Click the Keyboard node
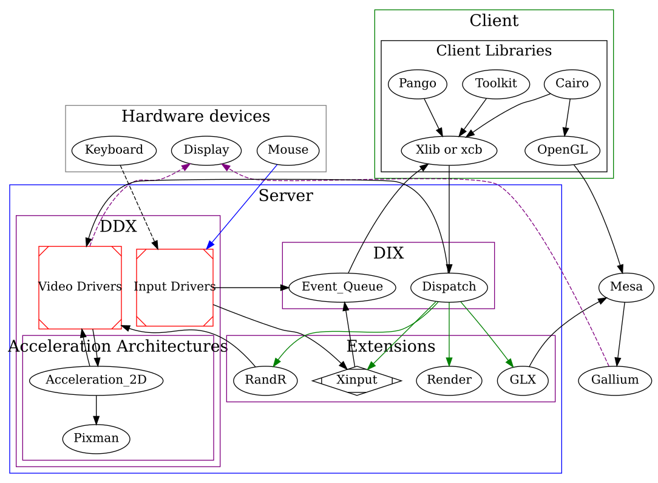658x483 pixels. click(114, 149)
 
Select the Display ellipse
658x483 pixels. click(206, 149)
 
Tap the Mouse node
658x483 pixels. click(288, 149)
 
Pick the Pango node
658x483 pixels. click(418, 84)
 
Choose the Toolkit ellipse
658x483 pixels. click(497, 84)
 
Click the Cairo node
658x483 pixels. click(572, 84)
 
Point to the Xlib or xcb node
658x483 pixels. click(449, 150)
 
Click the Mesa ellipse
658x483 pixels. click(626, 287)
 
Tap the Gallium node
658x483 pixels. click(615, 380)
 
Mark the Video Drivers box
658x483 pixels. click(80, 287)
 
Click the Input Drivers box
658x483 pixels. click(175, 287)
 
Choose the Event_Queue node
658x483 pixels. click(342, 287)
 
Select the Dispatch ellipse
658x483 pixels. click(449, 287)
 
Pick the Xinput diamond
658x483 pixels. click(357, 380)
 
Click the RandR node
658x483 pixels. click(265, 380)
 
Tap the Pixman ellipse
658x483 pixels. click(96, 437)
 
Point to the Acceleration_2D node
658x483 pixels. click(96, 380)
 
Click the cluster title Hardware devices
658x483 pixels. click(195, 116)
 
